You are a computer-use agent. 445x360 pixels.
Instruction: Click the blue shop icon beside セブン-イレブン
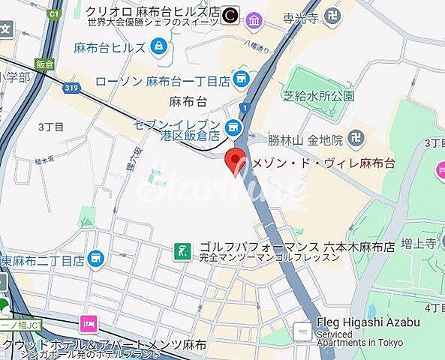tap(234, 129)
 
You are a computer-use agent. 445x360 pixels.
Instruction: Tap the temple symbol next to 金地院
tap(358, 139)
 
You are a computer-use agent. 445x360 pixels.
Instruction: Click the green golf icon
tap(182, 249)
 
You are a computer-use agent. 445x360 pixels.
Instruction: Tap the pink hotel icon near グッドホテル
tap(89, 324)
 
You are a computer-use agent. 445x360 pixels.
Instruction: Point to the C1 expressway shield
tap(53, 13)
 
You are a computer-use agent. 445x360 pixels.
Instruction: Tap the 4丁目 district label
tap(434, 307)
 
